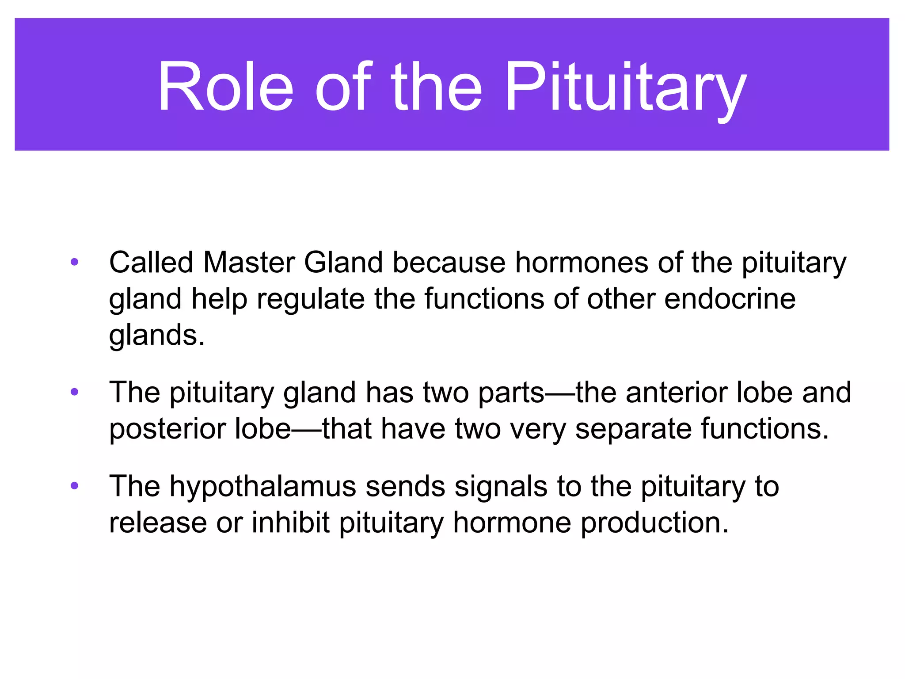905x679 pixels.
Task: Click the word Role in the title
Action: pos(225,86)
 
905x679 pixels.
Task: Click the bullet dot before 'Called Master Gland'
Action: pos(74,262)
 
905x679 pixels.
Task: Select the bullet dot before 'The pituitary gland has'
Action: pos(74,392)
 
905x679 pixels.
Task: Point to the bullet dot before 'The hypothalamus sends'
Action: pos(74,486)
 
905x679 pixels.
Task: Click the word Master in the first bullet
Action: pos(248,263)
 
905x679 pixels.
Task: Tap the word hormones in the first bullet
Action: pos(581,263)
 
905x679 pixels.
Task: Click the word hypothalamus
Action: pos(262,487)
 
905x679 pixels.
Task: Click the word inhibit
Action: pos(290,523)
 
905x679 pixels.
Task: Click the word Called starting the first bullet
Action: pos(151,263)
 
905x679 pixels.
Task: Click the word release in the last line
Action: pos(158,523)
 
